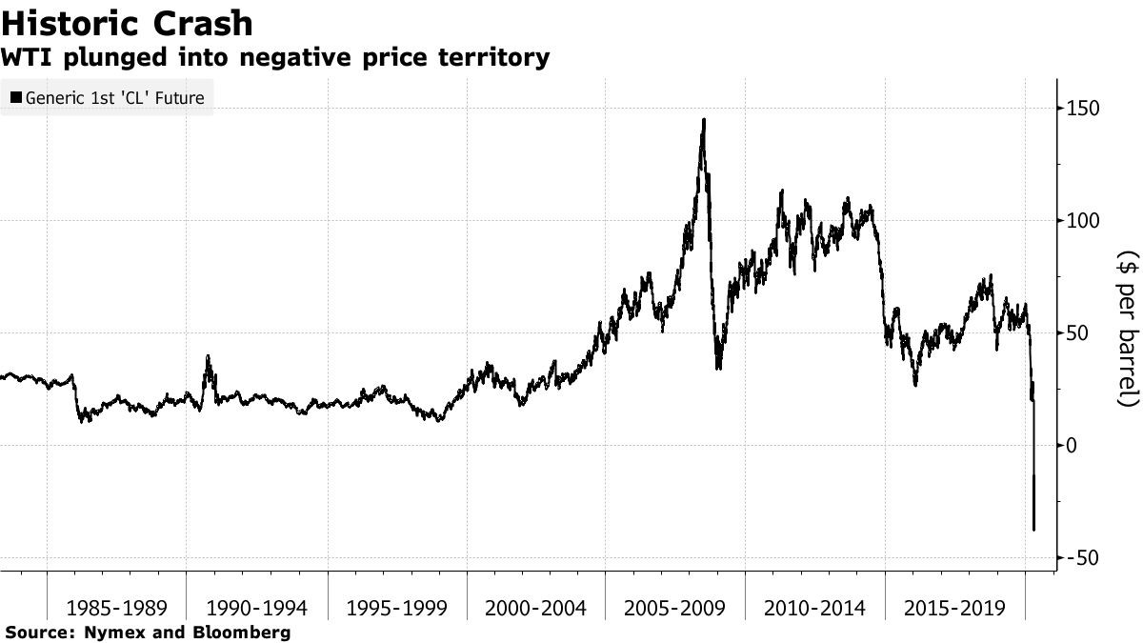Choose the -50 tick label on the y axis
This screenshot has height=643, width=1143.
[1082, 557]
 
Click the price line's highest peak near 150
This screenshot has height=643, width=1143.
[704, 120]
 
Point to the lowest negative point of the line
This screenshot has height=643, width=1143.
[1034, 530]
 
